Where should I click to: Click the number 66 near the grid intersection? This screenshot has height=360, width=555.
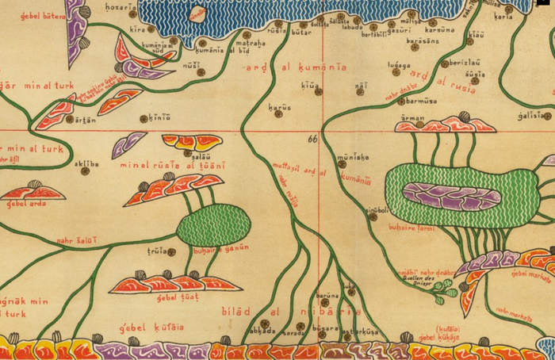point(312,139)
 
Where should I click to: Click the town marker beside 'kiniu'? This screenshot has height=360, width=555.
point(144,119)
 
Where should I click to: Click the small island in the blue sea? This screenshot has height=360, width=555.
point(197,13)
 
